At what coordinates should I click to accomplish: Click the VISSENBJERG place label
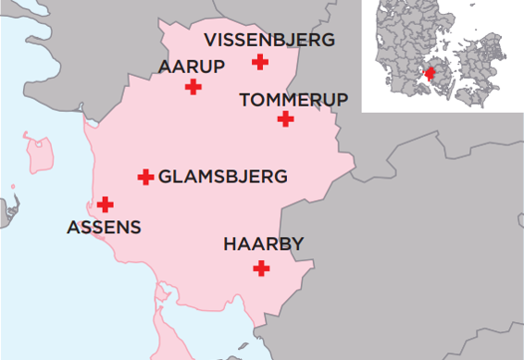268,40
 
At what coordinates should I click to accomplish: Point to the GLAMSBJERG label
223,176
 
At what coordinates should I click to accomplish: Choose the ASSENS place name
105,227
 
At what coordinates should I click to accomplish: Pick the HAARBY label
264,244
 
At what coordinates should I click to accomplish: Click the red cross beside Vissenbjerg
261,62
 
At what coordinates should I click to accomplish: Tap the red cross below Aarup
193,87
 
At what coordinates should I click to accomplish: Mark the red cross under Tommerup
285,118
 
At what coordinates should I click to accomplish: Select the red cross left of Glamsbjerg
145,176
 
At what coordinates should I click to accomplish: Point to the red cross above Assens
106,204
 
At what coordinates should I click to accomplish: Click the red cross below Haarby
262,268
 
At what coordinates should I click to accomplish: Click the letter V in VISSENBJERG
210,40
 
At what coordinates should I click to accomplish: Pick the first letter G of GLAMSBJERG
166,176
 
